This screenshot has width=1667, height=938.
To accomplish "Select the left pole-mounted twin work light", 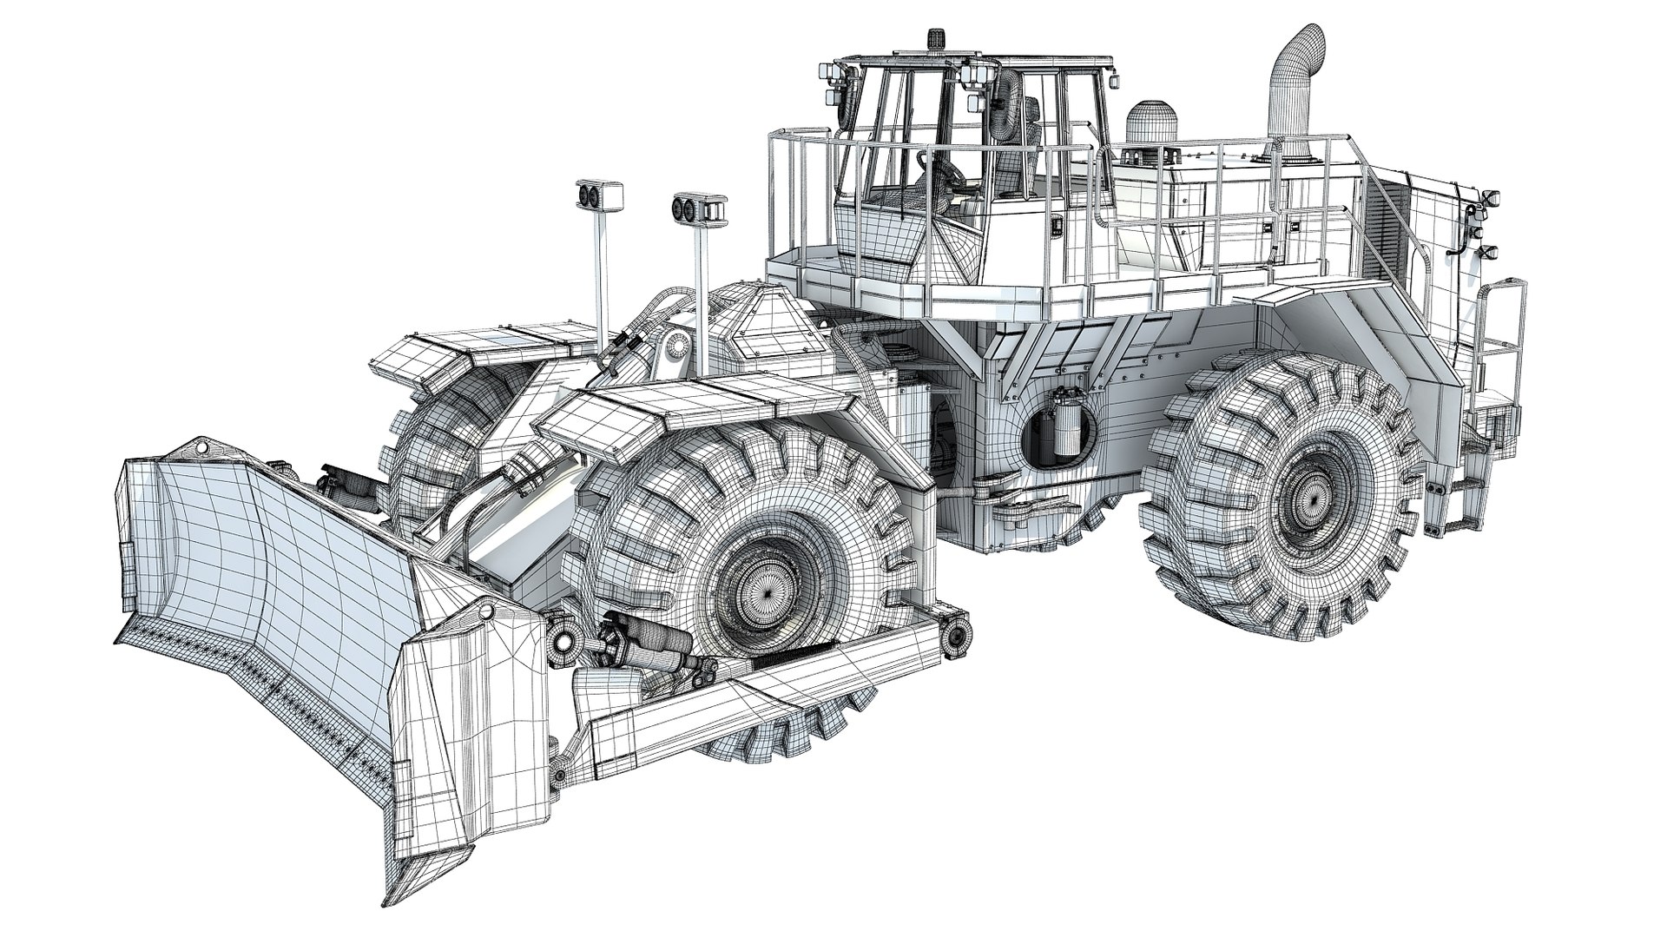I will (597, 196).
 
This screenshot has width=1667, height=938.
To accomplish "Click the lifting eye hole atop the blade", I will (201, 449).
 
